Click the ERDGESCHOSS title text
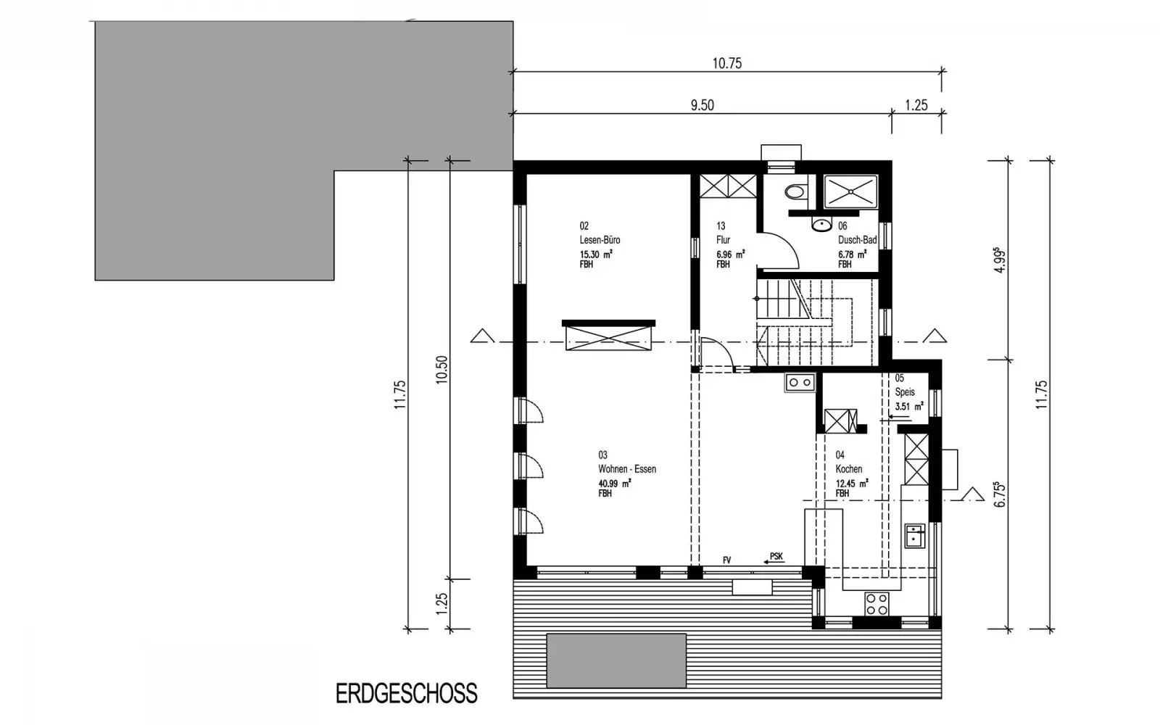[407, 693]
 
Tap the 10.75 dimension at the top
[727, 63]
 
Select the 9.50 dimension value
[703, 105]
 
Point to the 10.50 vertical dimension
[442, 369]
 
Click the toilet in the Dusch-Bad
[795, 191]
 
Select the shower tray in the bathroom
[850, 191]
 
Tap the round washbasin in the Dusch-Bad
[821, 225]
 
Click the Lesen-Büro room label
[600, 240]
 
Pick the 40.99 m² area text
[615, 483]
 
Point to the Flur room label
[724, 240]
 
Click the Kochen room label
[849, 469]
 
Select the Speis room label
[905, 392]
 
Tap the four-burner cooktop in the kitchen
[877, 604]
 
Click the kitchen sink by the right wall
[914, 536]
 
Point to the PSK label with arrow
[774, 558]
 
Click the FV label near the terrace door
[726, 560]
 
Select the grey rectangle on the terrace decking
[616, 660]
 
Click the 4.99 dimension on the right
[1000, 260]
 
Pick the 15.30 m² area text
[596, 254]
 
